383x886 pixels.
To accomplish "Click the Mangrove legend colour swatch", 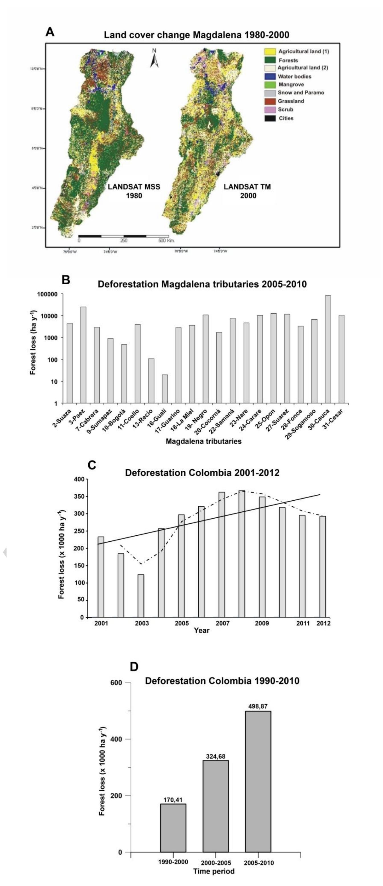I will (270, 84).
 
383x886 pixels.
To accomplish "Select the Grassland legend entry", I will (291, 101).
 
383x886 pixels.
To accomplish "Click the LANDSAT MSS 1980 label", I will (134, 191).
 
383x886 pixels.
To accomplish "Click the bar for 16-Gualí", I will (165, 389).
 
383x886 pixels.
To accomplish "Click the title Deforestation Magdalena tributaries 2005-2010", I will (202, 284).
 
